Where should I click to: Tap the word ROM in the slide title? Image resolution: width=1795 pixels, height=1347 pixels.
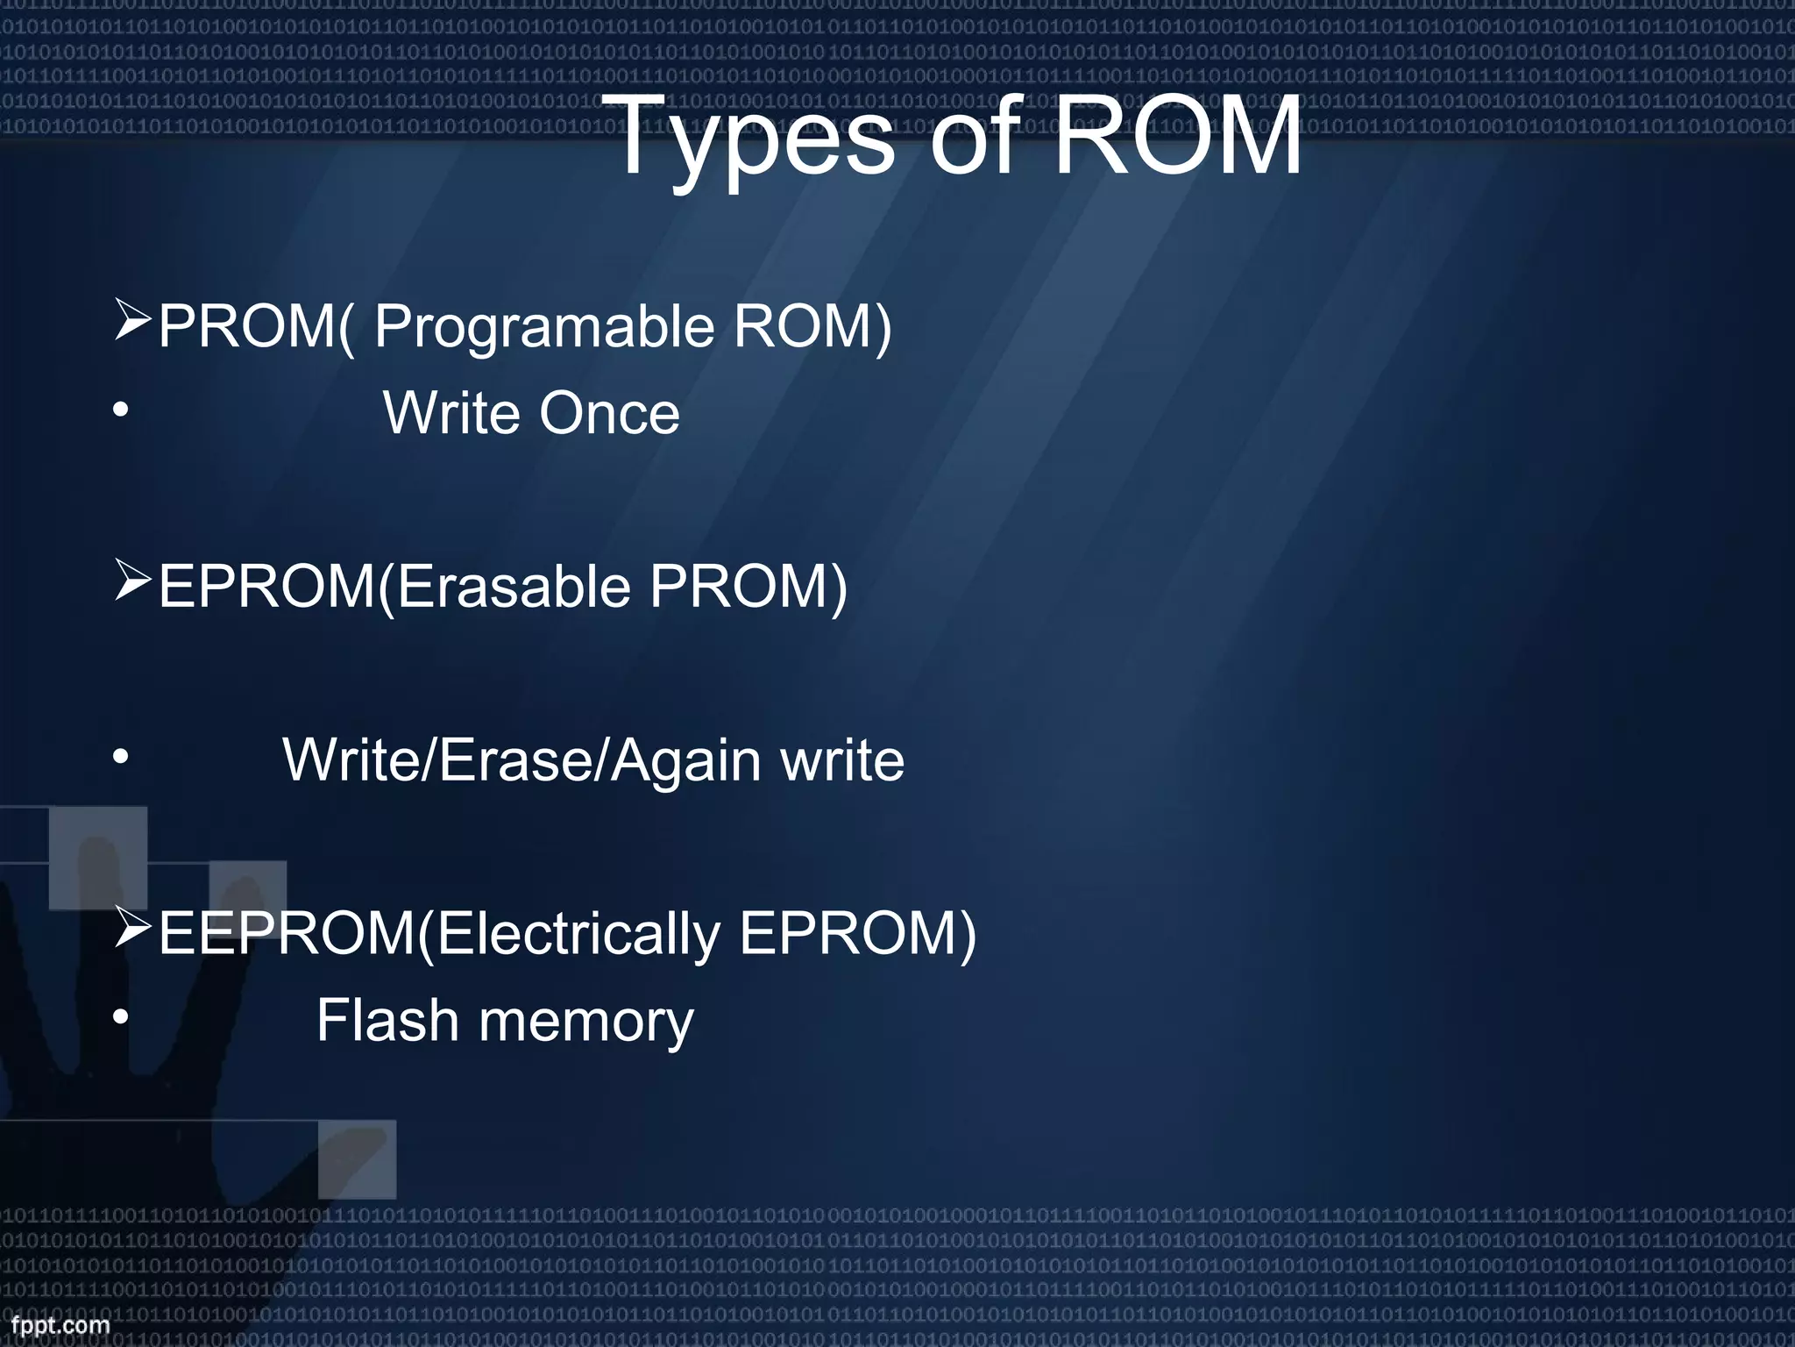pos(1177,136)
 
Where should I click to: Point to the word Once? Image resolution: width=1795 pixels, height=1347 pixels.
pos(609,413)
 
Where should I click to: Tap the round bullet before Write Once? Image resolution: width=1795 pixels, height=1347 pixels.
pos(121,410)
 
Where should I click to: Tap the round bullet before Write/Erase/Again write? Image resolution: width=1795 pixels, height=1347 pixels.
pos(121,757)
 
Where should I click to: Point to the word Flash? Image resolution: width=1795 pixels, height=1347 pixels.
pos(387,1020)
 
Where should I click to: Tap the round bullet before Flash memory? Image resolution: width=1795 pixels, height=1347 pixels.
pos(121,1017)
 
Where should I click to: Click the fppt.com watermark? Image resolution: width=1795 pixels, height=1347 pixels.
pos(60,1325)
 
